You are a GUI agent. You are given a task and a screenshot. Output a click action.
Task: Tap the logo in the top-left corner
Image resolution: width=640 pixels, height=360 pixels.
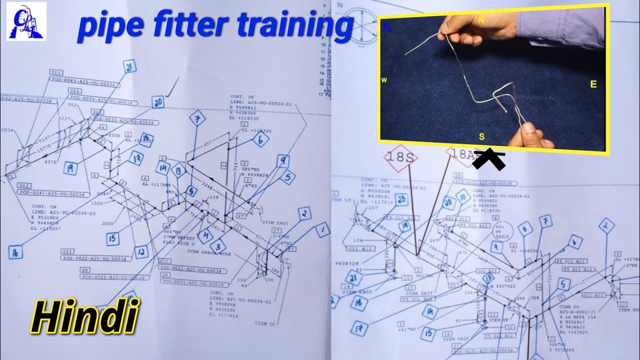26,21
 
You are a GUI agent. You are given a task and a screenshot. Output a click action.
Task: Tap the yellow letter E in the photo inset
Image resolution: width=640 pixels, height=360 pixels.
593,84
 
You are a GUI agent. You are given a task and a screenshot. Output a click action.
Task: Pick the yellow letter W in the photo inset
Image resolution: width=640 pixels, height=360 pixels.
384,80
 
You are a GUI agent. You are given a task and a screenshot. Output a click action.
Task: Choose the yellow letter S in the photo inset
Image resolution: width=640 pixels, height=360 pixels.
481,136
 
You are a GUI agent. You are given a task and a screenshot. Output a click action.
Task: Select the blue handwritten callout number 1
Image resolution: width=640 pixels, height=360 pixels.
323,230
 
